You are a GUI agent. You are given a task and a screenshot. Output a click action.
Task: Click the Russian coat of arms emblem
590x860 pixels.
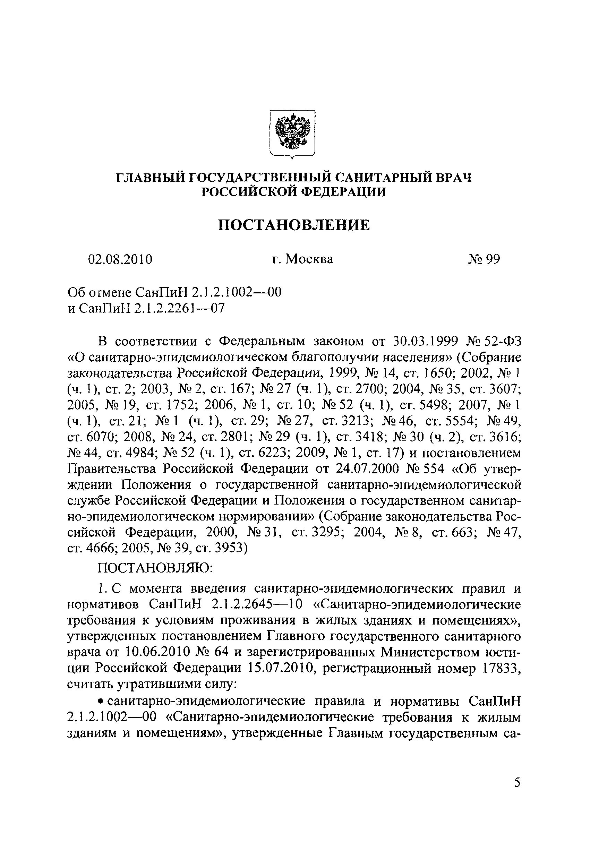(292, 134)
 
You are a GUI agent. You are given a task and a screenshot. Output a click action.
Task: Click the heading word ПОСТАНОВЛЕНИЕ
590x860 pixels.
(293, 225)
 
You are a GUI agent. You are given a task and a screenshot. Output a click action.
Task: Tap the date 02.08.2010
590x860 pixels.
(120, 259)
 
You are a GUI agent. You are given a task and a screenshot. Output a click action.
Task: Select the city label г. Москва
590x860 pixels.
(302, 259)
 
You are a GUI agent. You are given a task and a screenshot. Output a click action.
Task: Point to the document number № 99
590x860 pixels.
(484, 259)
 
